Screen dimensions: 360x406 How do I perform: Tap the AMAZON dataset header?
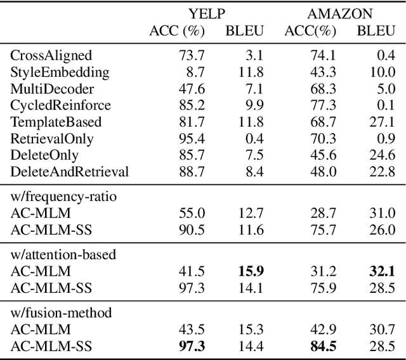tap(340, 13)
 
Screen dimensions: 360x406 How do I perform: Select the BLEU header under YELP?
tap(246, 30)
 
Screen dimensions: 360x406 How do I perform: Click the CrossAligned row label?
tap(51, 56)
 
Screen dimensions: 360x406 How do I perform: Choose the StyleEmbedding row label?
tap(60, 72)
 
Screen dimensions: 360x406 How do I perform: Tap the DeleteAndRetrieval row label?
tap(70, 171)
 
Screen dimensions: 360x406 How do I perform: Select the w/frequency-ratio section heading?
tap(63, 196)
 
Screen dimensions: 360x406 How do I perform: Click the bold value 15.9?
tap(251, 271)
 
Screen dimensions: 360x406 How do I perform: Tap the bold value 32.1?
tap(381, 271)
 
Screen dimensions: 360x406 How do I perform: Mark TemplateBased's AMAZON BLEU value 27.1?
tap(382, 122)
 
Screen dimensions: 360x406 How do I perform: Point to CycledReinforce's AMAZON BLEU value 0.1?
tap(385, 105)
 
